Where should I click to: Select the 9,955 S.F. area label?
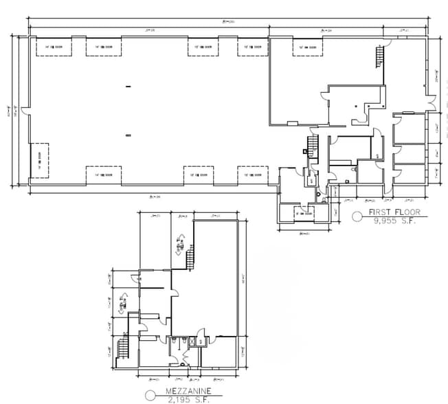tap(394, 221)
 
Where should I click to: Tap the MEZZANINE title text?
tap(188, 391)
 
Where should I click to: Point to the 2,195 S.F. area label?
tap(188, 399)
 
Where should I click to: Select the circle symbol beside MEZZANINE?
tap(150, 396)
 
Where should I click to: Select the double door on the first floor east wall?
tap(433, 102)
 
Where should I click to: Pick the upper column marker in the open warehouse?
tap(128, 86)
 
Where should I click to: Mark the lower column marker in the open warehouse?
tap(128, 136)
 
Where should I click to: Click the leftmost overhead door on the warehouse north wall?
tap(49, 47)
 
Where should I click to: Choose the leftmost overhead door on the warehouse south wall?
tap(103, 175)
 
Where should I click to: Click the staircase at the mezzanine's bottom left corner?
tap(124, 347)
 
